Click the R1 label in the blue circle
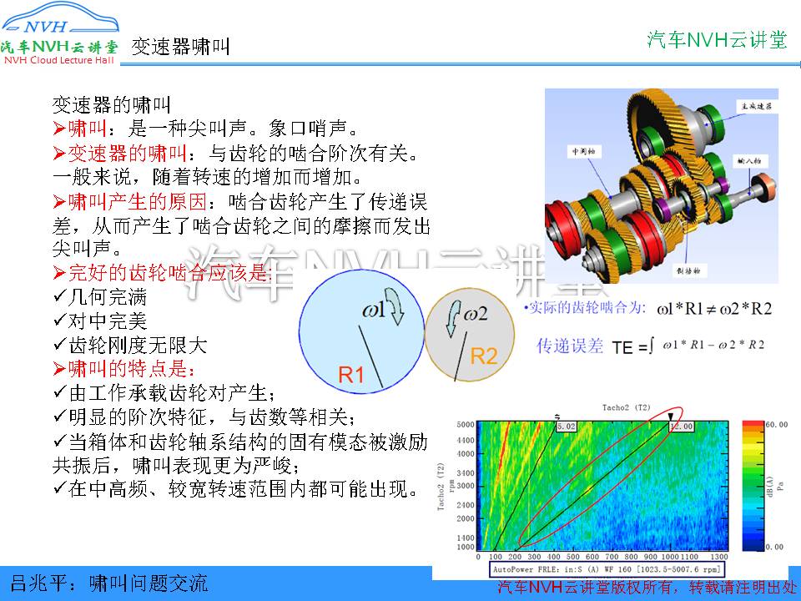(x=351, y=376)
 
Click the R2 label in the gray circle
(x=484, y=356)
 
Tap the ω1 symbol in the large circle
(x=375, y=311)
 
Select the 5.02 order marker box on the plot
(x=566, y=426)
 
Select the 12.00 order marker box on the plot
(x=681, y=426)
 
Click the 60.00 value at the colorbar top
(x=775, y=424)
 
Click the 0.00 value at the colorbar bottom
(x=775, y=546)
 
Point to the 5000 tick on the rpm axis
(x=465, y=425)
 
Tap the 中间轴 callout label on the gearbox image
(x=581, y=152)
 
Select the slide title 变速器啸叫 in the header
(x=180, y=47)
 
